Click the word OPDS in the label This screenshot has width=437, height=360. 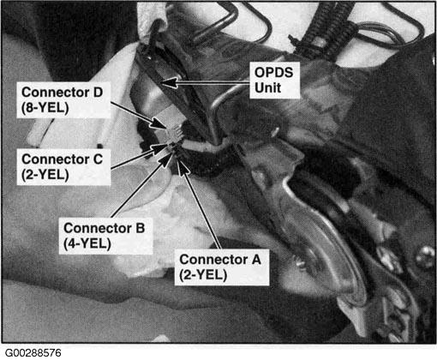[x=273, y=73]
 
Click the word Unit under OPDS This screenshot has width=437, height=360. [x=267, y=87]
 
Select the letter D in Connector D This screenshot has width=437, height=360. [x=98, y=93]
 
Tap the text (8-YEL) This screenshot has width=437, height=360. [x=45, y=108]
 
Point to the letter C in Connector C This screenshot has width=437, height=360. [x=98, y=159]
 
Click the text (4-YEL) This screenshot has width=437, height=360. [x=87, y=243]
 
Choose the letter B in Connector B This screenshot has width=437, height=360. [x=140, y=228]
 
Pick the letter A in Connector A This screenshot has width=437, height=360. [x=256, y=260]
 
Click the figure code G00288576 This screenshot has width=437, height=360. [x=33, y=353]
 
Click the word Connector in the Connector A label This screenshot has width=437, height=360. [x=213, y=260]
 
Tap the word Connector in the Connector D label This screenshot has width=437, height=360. [x=56, y=93]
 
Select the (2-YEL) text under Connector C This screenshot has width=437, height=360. [x=45, y=175]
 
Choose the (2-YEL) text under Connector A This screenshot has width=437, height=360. [x=203, y=275]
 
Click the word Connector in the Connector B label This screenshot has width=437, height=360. [x=98, y=228]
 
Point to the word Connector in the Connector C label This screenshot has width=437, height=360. [x=56, y=159]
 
